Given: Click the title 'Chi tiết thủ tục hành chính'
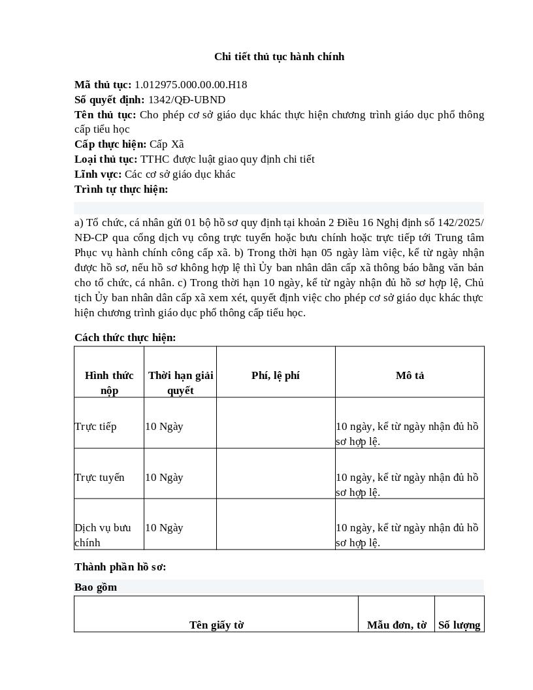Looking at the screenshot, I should pos(279,57).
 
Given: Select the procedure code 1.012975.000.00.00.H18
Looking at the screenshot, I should pos(190,85).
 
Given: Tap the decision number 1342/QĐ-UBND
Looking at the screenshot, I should pos(187,100).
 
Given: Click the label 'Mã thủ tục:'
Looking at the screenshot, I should pos(103,85).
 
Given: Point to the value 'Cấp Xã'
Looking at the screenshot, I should pos(167,144).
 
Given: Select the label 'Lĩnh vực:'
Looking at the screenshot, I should pos(98,174).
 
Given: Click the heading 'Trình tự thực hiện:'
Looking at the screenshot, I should pos(121,189).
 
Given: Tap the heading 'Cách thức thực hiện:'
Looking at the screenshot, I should pos(125,338).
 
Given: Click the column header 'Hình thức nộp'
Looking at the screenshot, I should pos(109,383).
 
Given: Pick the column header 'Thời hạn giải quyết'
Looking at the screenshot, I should pos(180,383).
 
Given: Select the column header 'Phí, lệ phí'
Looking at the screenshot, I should pos(276,376).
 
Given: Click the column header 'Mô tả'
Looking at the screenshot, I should pos(410,376).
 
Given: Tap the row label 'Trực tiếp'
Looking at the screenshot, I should pos(95,427).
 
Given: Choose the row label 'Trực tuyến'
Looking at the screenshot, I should pos(99,478).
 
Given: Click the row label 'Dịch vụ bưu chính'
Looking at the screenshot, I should pos(103,535).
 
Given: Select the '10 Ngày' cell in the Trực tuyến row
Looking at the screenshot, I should pos(164,478).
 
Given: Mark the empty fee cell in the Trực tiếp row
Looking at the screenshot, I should pos(276,423).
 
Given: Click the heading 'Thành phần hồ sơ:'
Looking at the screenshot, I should pos(120,567).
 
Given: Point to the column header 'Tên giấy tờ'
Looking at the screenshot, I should pos(216,625).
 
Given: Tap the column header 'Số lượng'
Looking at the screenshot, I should pos(459,625).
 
